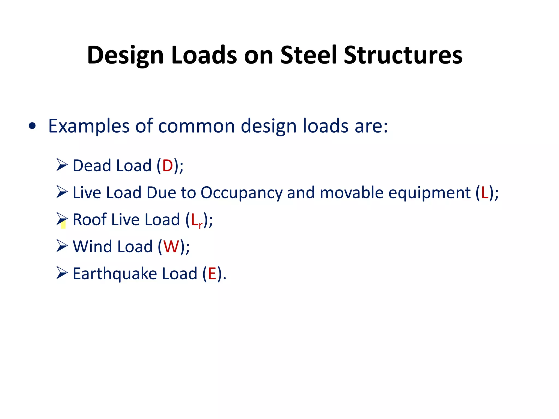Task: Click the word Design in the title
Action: (x=125, y=55)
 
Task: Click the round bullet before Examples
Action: (x=32, y=126)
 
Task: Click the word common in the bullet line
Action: (x=197, y=126)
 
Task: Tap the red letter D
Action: (x=168, y=166)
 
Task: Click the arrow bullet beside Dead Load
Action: (x=62, y=165)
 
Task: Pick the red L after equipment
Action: (x=484, y=193)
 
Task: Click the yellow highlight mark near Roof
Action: (x=63, y=225)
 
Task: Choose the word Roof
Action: (x=89, y=220)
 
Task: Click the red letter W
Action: (x=171, y=247)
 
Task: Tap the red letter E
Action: (x=212, y=274)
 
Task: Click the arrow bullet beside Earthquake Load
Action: (x=62, y=273)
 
